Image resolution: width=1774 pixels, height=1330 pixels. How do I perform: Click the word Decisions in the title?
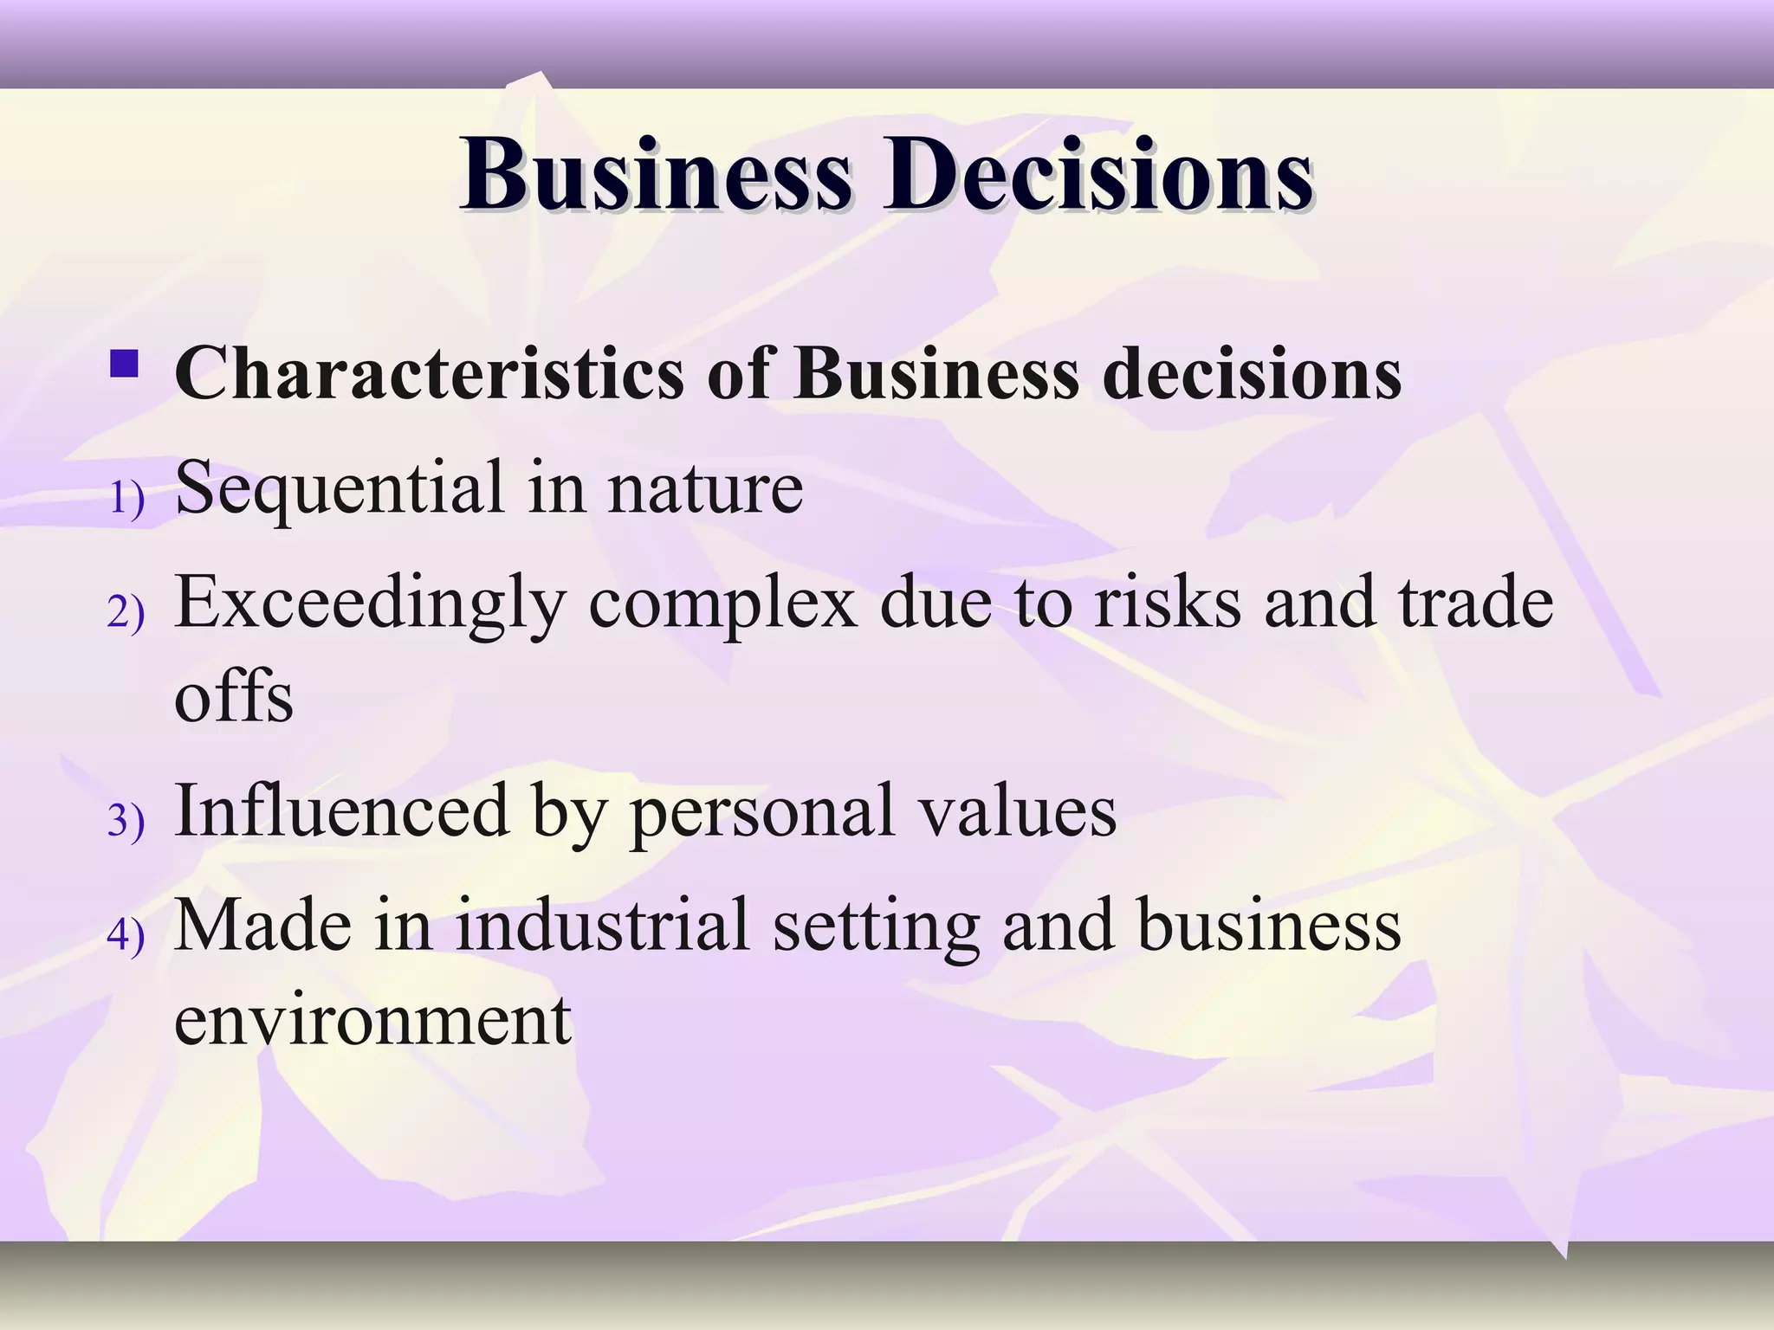[1097, 175]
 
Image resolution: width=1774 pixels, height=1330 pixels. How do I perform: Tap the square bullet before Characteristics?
[125, 364]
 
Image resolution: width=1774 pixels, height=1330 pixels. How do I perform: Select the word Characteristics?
[430, 374]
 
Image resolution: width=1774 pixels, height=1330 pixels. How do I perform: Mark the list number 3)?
[126, 820]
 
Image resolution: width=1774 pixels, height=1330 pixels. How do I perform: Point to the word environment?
[372, 1020]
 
